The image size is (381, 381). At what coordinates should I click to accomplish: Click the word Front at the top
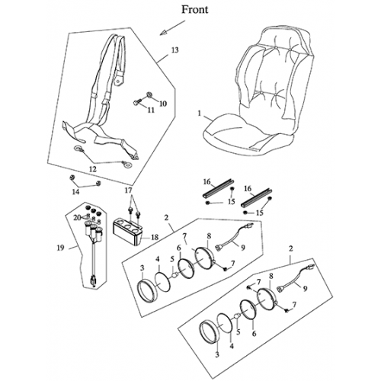point(194,10)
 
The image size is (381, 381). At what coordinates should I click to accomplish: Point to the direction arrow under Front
point(172,28)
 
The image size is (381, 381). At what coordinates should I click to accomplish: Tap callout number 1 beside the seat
point(200,114)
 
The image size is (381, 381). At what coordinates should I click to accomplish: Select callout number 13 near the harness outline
point(174,50)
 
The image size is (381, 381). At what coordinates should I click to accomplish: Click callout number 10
point(163,104)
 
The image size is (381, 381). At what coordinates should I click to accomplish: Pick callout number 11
point(151,110)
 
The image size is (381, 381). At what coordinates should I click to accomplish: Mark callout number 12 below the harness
point(93,169)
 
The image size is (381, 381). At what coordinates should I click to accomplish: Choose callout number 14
point(75,191)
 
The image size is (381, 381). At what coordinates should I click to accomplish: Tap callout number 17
point(128,190)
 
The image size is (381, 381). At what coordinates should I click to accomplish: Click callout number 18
point(155,237)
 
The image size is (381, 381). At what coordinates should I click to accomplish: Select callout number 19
point(60,248)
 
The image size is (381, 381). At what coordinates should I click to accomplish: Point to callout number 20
point(77,218)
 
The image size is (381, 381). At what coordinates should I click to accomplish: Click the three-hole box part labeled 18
point(127,232)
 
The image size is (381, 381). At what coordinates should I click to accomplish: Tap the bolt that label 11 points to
point(137,103)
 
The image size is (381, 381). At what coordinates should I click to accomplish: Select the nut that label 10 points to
point(149,96)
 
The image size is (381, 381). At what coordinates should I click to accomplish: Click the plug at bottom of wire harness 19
point(93,281)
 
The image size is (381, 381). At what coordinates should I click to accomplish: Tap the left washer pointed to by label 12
point(76,148)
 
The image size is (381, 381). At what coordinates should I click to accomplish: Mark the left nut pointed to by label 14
point(72,178)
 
